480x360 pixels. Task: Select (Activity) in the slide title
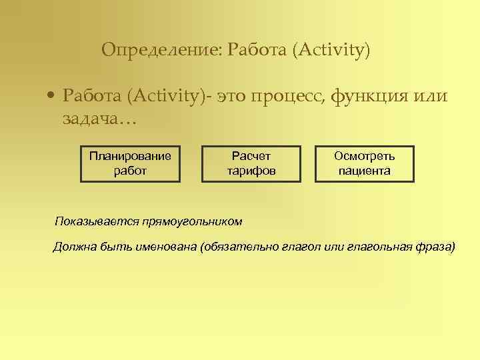(330, 50)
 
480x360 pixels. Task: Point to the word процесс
(289, 97)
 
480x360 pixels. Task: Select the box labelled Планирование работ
(131, 163)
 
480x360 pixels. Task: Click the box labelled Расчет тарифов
(251, 163)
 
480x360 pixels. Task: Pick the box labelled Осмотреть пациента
(364, 163)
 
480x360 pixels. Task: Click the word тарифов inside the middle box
(251, 171)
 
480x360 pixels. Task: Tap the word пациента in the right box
(364, 171)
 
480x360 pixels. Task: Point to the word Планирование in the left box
(131, 157)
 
